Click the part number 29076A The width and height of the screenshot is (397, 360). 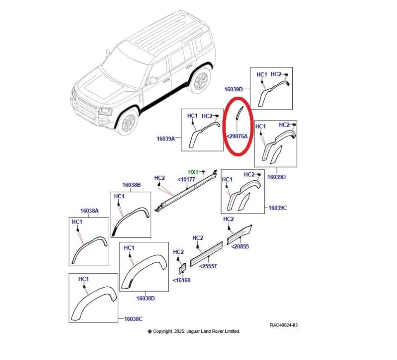point(237,136)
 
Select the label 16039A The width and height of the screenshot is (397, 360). point(165,139)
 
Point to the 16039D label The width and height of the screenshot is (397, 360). point(277,176)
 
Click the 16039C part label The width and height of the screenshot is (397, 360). point(277,208)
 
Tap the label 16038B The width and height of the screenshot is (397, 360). point(131,185)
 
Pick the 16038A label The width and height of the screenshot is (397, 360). point(89,211)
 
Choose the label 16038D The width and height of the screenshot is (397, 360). point(146,298)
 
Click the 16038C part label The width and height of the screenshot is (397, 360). point(133,319)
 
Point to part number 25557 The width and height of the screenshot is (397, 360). point(208,266)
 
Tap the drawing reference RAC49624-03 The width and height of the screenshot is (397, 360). point(284,325)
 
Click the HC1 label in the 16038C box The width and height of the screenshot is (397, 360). point(84,279)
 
